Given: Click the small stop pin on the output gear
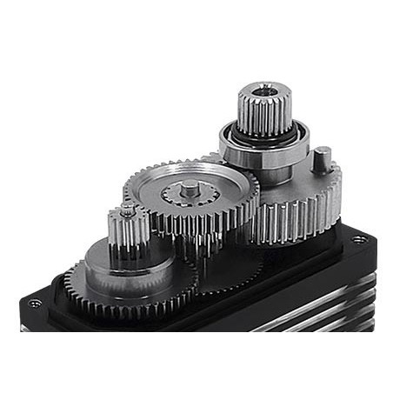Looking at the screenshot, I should pos(322,161).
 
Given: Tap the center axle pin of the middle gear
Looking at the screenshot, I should pos(190,187).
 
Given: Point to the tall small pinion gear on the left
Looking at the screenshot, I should pos(129,231).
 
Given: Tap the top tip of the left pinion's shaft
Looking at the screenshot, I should pos(128,210).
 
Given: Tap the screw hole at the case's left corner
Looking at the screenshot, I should pos(35,303).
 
